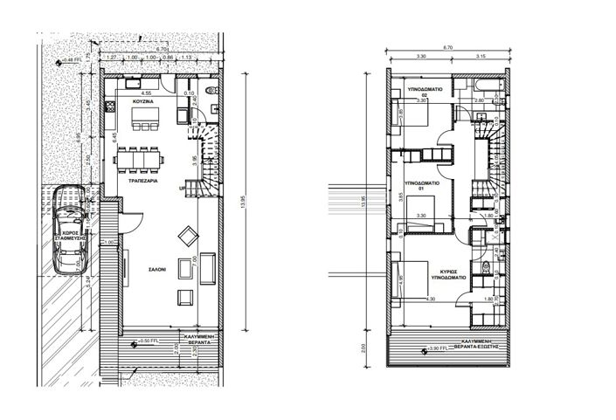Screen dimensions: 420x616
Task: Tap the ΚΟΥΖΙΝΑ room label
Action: tap(145, 102)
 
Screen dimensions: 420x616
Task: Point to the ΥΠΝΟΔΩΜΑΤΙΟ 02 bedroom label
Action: tap(430, 93)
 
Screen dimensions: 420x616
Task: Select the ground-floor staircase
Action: tap(210, 162)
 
